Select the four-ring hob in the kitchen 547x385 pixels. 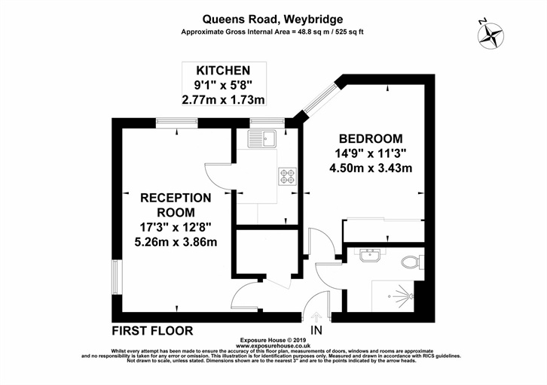click(x=287, y=175)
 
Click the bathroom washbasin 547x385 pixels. click(x=371, y=256)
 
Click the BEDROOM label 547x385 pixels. click(x=371, y=138)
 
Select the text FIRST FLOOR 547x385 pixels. click(x=152, y=330)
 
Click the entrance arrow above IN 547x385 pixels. click(x=316, y=317)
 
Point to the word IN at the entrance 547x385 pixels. click(x=316, y=331)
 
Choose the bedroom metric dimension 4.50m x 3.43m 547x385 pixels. click(x=371, y=168)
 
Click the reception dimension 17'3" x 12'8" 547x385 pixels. click(x=175, y=226)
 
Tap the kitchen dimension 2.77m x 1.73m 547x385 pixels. click(x=225, y=99)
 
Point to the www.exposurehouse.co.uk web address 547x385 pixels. click(x=273, y=345)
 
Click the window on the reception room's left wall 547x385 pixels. click(x=116, y=279)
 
